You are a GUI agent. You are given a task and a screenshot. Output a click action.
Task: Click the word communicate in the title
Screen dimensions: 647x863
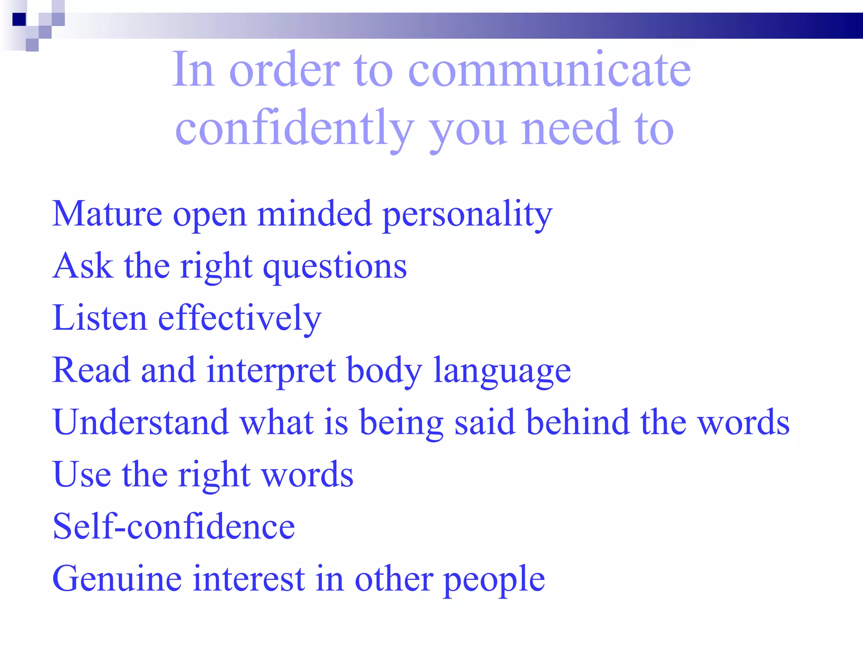point(549,70)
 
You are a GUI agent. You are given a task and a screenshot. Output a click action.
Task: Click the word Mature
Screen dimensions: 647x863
point(107,214)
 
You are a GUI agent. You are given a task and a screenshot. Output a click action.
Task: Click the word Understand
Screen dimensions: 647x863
point(141,422)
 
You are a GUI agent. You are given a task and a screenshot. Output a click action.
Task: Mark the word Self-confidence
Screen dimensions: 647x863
point(174,527)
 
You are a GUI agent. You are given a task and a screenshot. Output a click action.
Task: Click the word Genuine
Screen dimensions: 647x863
point(117,579)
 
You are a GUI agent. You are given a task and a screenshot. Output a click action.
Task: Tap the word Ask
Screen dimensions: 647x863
point(83,266)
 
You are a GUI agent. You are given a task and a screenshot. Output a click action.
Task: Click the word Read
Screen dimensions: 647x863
point(91,370)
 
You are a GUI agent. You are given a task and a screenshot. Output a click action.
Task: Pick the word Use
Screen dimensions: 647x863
point(82,475)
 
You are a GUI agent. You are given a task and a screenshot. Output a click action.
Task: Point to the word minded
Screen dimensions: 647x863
point(314,214)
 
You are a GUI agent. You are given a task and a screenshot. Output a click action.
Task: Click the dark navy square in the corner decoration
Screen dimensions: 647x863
point(19,19)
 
